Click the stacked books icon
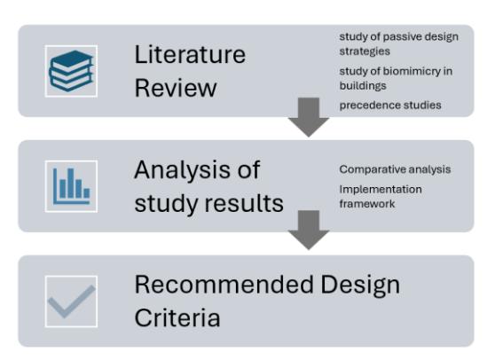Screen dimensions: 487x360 [x=71, y=71]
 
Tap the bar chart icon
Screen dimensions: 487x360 [x=72, y=186]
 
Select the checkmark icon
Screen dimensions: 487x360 [x=72, y=301]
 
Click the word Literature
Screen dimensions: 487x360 [x=190, y=55]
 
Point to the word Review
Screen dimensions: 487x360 [x=176, y=88]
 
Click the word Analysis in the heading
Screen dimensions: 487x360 [x=183, y=170]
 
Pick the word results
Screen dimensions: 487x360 [x=244, y=203]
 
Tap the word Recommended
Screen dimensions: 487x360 [x=224, y=285]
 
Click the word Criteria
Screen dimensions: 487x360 [x=177, y=317]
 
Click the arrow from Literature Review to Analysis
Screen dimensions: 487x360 [x=309, y=117]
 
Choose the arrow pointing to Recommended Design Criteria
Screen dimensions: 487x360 [x=309, y=230]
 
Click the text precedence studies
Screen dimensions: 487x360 [x=390, y=106]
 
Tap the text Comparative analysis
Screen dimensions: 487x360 [x=395, y=169]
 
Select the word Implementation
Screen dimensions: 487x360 [x=381, y=190]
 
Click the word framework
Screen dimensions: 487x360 [x=367, y=204]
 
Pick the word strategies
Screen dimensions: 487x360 [x=365, y=51]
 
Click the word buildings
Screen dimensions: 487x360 [x=363, y=86]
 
